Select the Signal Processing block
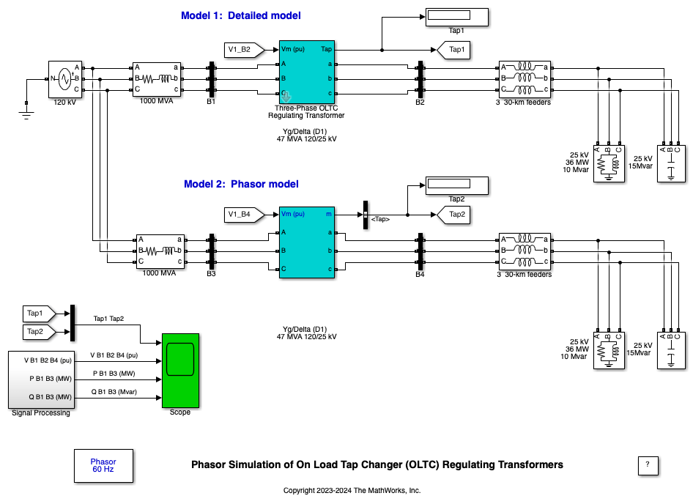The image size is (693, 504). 41,379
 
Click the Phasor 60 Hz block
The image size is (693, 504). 103,465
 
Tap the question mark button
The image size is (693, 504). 648,464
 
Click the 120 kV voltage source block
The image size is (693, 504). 64,78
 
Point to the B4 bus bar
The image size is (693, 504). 420,251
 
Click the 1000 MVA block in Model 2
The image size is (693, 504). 160,251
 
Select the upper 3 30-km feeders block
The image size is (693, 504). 524,79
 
